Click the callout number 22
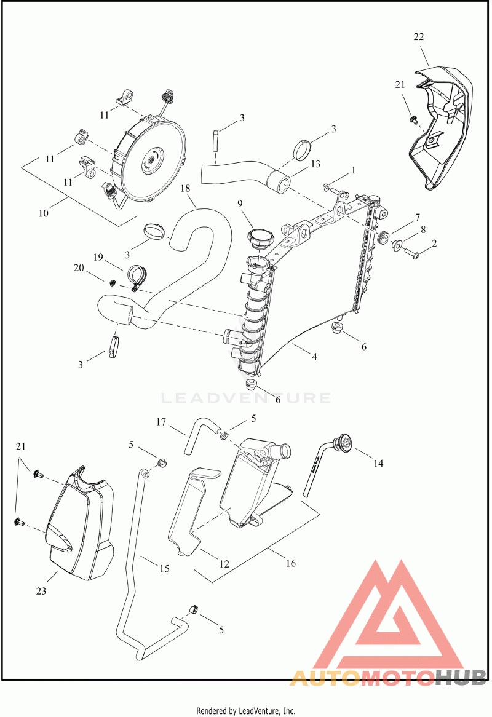click(x=419, y=37)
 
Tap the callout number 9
click(x=240, y=204)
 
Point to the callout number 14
click(x=378, y=463)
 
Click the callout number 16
click(x=291, y=563)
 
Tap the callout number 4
click(x=314, y=356)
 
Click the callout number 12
click(x=223, y=563)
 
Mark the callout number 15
click(x=164, y=569)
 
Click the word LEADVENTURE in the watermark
click(x=246, y=398)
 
